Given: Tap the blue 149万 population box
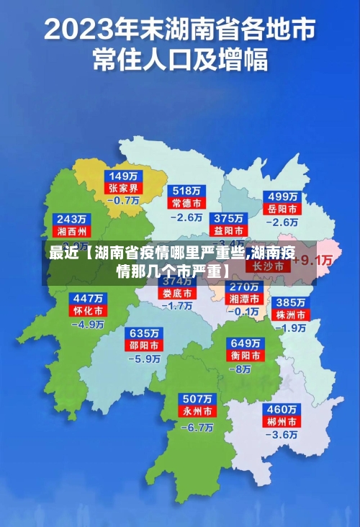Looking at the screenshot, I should click(125, 176).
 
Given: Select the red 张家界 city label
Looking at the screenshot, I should click(125, 189).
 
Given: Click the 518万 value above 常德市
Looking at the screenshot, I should click(187, 191).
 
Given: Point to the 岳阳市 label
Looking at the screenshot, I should click(283, 209).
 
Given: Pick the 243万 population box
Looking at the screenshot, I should click(72, 219).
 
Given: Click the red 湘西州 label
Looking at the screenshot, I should click(72, 232).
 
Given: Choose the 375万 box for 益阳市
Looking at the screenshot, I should click(228, 218).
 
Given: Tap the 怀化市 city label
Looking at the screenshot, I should click(87, 311).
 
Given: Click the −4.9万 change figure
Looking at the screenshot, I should click(87, 324).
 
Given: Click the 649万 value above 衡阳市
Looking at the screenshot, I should click(245, 343).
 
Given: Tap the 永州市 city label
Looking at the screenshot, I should click(197, 412).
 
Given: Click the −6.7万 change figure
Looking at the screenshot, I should click(197, 426).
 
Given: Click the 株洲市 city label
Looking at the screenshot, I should click(292, 315).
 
